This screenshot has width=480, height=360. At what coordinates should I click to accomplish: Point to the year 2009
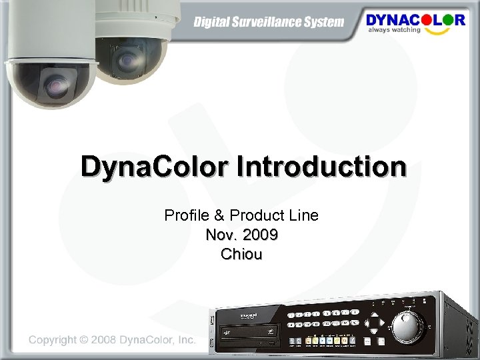(261, 235)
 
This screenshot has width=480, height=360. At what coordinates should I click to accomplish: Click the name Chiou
(241, 254)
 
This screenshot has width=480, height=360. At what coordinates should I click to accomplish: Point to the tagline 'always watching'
(395, 30)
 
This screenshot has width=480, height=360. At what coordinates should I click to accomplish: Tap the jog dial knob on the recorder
(408, 327)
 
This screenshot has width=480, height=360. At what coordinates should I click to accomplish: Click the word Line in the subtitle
(303, 215)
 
